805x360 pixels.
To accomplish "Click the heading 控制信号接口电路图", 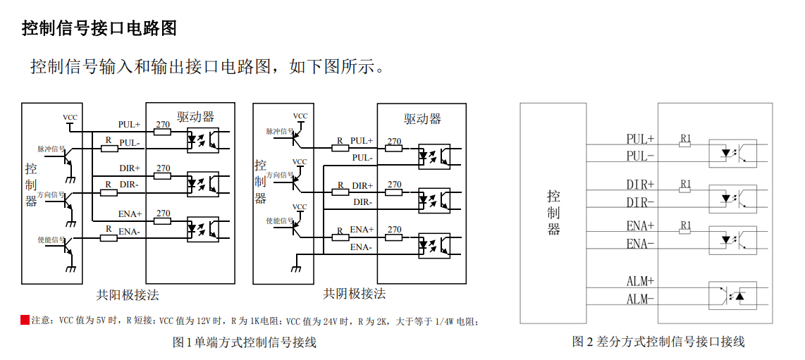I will pyautogui.click(x=99, y=28).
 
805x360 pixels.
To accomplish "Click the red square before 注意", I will pyautogui.click(x=25, y=321).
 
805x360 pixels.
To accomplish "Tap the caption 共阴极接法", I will pyautogui.click(x=354, y=294).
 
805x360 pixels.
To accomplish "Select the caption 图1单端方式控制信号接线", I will pyautogui.click(x=245, y=342).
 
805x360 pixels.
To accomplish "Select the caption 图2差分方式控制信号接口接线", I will pyautogui.click(x=658, y=342).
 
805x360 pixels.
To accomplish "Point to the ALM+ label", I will pyautogui.click(x=640, y=281).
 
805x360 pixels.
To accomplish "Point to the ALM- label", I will pyautogui.click(x=640, y=299).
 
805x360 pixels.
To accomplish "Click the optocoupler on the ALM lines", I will pyautogui.click(x=732, y=295).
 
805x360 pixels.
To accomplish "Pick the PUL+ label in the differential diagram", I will pyautogui.click(x=640, y=139).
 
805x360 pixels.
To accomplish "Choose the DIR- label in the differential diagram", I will pyautogui.click(x=640, y=201).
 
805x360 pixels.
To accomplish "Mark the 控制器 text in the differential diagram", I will pyautogui.click(x=554, y=212).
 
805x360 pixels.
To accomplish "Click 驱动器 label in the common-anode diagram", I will pyautogui.click(x=195, y=116).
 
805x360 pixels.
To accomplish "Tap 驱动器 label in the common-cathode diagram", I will pyautogui.click(x=422, y=118).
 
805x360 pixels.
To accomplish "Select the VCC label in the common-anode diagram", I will pyautogui.click(x=70, y=118).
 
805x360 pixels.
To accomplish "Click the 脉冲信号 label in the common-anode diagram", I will pyautogui.click(x=51, y=149).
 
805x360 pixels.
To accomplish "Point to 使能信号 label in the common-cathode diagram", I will pyautogui.click(x=279, y=221).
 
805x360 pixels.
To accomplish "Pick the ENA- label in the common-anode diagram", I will pyautogui.click(x=129, y=231).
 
